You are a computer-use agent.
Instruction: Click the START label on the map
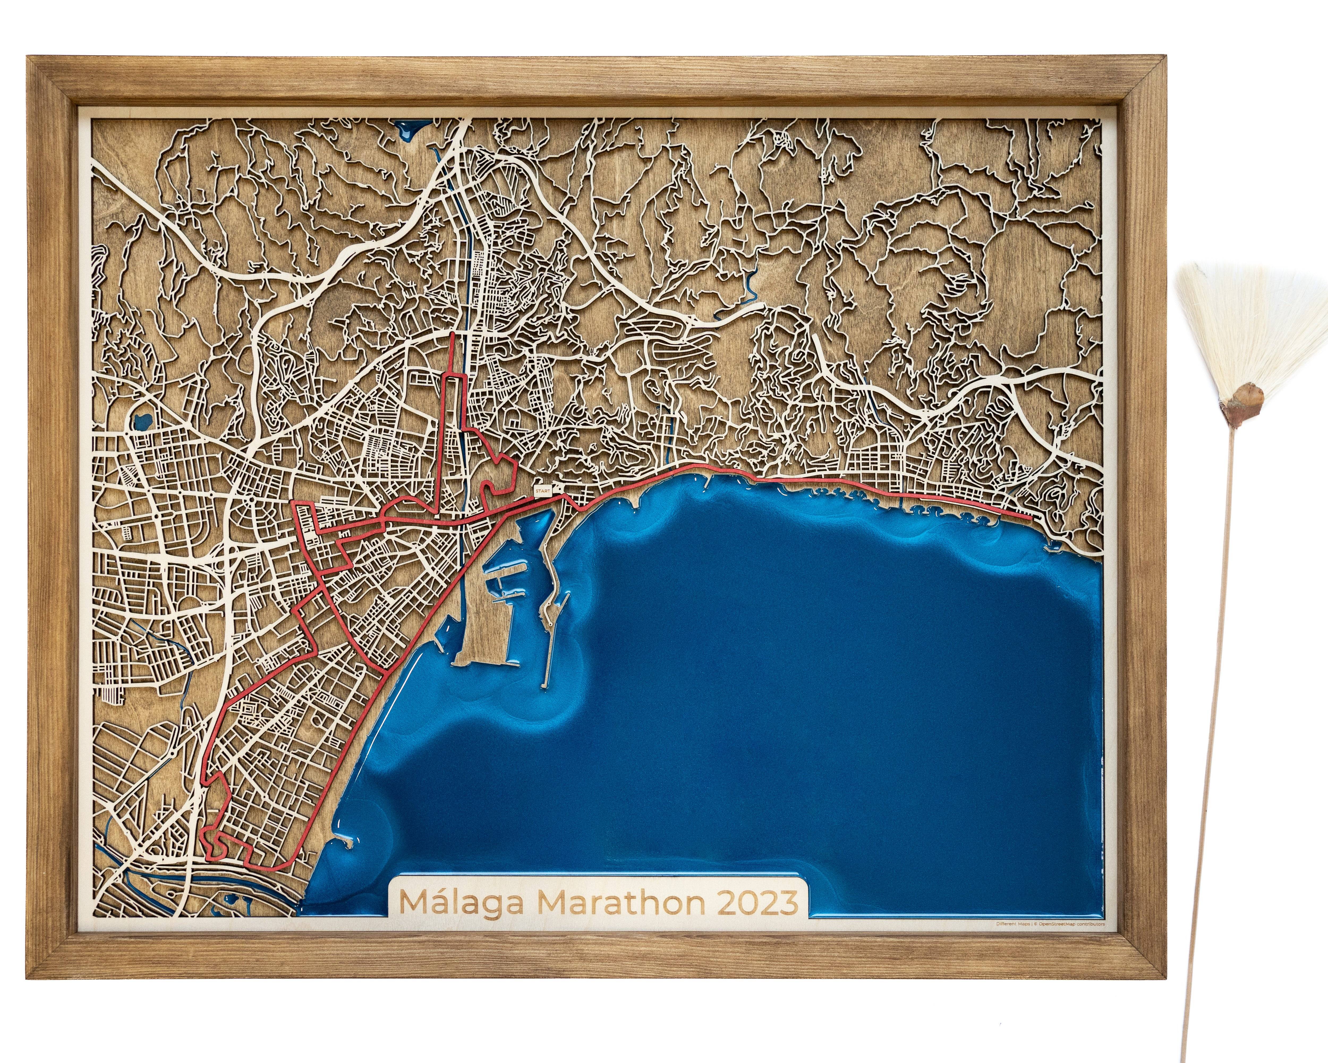click(x=542, y=491)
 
